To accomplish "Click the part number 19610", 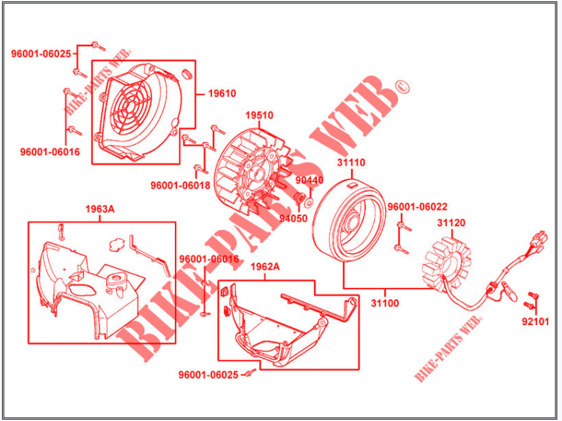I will pyautogui.click(x=222, y=94).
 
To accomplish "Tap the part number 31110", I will pyautogui.click(x=351, y=163).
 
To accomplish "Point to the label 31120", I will pyautogui.click(x=451, y=223).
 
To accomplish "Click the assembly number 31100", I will pyautogui.click(x=384, y=302).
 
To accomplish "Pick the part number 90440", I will pyautogui.click(x=309, y=180).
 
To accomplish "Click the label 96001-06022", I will pyautogui.click(x=417, y=207).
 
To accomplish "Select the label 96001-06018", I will pyautogui.click(x=180, y=185).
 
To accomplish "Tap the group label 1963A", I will pyautogui.click(x=100, y=209).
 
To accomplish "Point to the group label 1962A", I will pyautogui.click(x=265, y=267).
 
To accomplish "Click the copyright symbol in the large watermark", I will pyautogui.click(x=401, y=89).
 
